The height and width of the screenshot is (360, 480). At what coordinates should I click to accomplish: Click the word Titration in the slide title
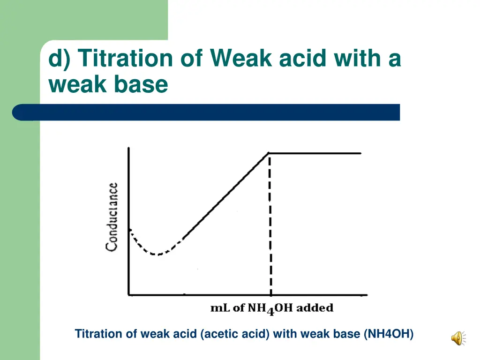[125, 59]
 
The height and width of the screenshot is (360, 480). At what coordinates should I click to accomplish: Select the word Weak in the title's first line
[241, 59]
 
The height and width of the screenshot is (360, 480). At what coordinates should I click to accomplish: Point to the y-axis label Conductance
[112, 217]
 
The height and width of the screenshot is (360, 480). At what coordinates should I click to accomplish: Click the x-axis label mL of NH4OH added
[272, 308]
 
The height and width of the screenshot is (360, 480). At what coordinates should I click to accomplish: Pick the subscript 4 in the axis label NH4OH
[270, 312]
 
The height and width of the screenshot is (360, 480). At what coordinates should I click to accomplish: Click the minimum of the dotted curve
[158, 255]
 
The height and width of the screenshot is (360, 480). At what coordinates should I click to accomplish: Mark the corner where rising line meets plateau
[269, 153]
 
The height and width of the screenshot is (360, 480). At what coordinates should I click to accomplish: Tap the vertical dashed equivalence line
[270, 225]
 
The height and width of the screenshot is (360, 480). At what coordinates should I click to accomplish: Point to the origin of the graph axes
[129, 295]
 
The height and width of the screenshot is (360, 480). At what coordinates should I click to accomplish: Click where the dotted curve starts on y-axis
[129, 229]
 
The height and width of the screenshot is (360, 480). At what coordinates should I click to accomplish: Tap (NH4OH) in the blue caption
[389, 334]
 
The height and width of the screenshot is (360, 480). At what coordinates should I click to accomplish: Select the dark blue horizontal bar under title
[206, 112]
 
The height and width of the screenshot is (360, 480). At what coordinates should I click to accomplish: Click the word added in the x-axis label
[315, 308]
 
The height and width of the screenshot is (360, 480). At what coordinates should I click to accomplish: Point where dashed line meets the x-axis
[270, 295]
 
